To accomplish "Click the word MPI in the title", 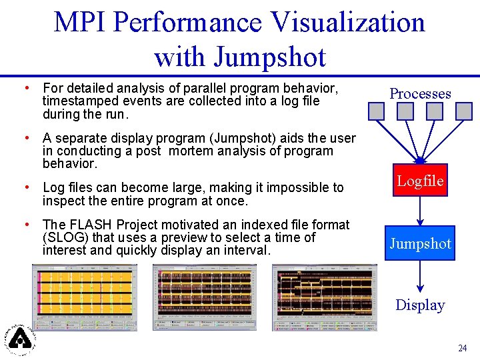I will pos(79,23).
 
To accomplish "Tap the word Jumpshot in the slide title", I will pos(270,57).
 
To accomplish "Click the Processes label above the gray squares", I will pos(420,93).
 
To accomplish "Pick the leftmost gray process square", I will pos(377,111).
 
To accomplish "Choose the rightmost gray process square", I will pos(465,111).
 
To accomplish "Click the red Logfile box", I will pos(420,181).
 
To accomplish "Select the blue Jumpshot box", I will pos(420,244).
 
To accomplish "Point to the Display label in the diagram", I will pos(420,305).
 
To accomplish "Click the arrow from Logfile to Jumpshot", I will pos(420,212).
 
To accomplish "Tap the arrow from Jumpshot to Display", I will pos(420,275).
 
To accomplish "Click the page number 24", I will pos(462,348).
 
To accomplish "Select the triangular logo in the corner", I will pos(21,338).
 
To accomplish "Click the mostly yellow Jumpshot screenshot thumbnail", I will pos(89,297).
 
